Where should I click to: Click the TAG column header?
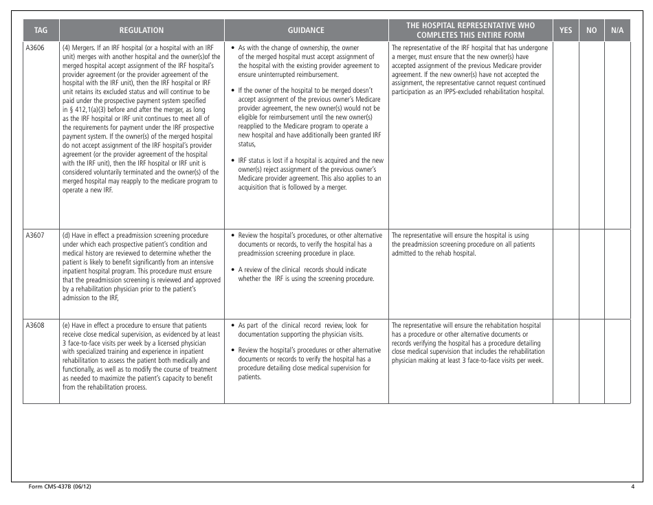point(41,30)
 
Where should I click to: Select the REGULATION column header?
point(142,30)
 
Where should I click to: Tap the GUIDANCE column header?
point(306,30)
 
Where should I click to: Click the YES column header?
point(566,30)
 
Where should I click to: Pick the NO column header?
point(591,30)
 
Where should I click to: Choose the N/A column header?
point(617,30)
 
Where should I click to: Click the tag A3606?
point(35,48)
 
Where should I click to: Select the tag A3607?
point(35,235)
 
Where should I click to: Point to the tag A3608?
point(35,325)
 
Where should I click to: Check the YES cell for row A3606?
point(566,134)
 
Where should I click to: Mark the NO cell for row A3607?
point(591,271)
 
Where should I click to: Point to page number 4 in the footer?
point(632,486)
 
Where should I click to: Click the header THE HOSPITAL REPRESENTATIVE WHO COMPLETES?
point(470,30)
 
